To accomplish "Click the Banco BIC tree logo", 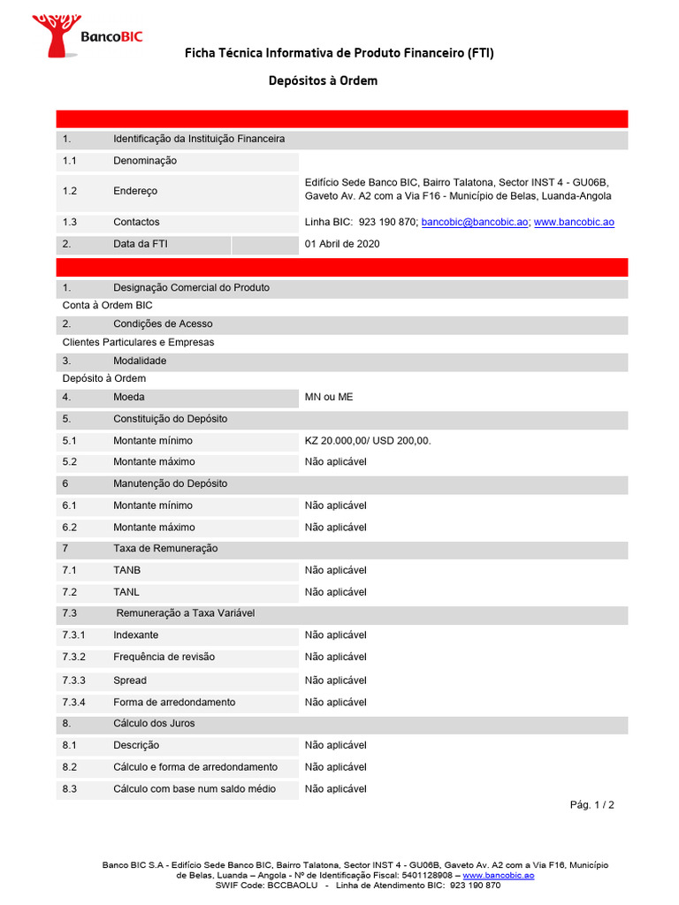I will pyautogui.click(x=55, y=34).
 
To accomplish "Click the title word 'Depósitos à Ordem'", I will pyautogui.click(x=323, y=80).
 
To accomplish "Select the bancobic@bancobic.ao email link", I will pyautogui.click(x=475, y=222).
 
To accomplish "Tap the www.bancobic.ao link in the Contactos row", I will pyautogui.click(x=574, y=222).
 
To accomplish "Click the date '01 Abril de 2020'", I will pyautogui.click(x=342, y=244).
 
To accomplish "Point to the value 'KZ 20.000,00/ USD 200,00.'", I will pyautogui.click(x=368, y=440).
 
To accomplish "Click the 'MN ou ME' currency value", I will pyautogui.click(x=329, y=397).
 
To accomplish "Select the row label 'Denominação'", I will pyautogui.click(x=145, y=161).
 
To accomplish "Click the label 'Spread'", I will pyautogui.click(x=130, y=681).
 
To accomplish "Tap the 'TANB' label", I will pyautogui.click(x=127, y=570).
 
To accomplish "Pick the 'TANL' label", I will pyautogui.click(x=126, y=592).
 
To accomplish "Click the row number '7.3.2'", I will pyautogui.click(x=74, y=657).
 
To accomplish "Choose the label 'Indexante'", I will pyautogui.click(x=136, y=635).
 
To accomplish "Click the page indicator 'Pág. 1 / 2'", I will pyautogui.click(x=591, y=805).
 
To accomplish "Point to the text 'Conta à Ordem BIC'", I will pyautogui.click(x=107, y=305).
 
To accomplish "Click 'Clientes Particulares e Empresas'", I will pyautogui.click(x=138, y=342).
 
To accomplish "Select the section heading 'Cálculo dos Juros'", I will pyautogui.click(x=154, y=723).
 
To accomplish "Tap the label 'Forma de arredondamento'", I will pyautogui.click(x=174, y=702).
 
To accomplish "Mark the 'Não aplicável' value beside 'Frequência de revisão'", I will pyautogui.click(x=335, y=657).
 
